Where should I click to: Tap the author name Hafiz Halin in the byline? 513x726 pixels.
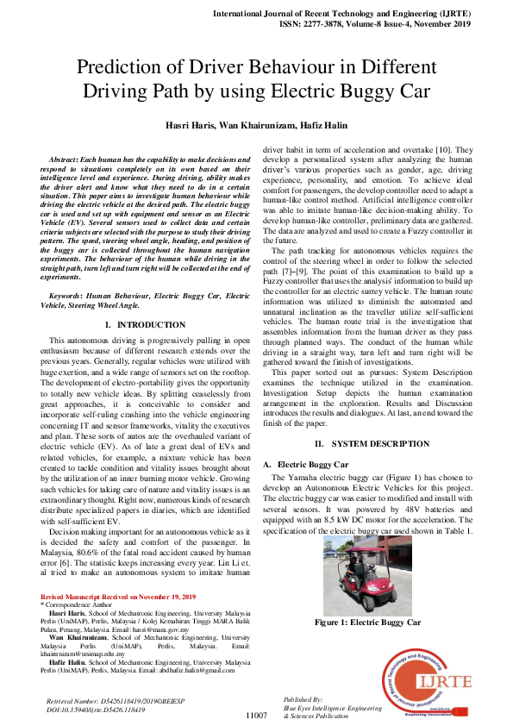click(x=324, y=125)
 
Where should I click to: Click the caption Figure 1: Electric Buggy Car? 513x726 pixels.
click(x=367, y=622)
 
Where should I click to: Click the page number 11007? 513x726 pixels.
click(x=256, y=715)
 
